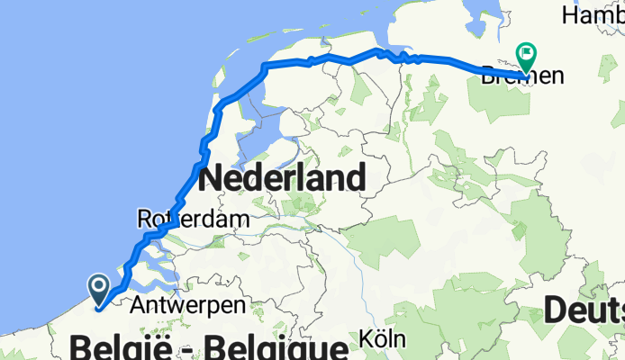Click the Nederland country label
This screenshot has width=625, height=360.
coord(282,177)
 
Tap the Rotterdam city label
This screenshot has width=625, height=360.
coord(179,219)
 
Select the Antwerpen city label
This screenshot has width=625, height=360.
coord(188,306)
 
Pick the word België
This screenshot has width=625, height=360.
coord(122,347)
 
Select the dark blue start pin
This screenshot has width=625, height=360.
coord(99,288)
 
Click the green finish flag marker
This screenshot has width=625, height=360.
coord(525,56)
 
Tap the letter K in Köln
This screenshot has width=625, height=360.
coord(366,340)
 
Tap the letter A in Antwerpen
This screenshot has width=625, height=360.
coord(137,306)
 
